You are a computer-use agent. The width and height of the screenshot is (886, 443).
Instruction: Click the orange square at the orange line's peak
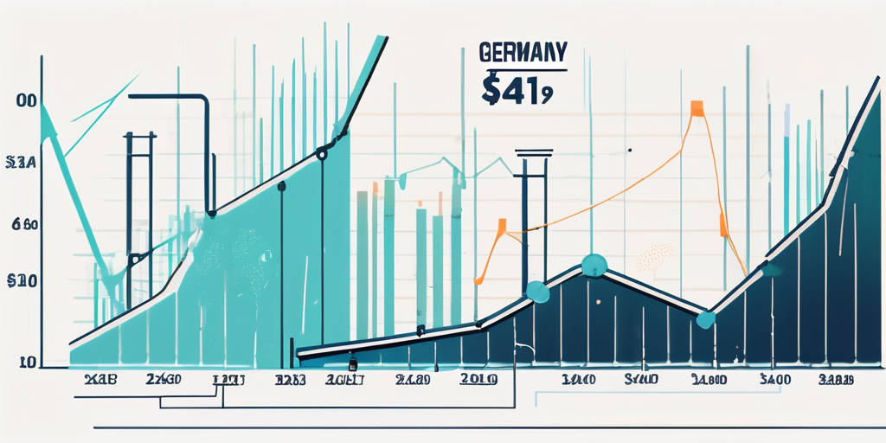(696, 108)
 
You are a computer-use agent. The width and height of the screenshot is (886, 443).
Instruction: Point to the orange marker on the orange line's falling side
(722, 227)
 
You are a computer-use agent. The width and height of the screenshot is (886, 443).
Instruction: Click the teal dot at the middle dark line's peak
(593, 265)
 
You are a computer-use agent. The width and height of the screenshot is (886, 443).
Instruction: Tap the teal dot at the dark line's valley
(706, 319)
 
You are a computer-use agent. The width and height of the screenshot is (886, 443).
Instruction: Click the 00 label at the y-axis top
(26, 101)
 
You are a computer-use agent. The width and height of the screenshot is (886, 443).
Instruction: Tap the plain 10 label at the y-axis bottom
(27, 362)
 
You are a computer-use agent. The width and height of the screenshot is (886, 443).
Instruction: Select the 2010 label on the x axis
(478, 379)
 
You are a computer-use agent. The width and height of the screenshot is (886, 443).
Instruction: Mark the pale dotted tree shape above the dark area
(654, 255)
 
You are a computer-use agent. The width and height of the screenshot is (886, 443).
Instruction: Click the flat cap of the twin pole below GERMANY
(533, 154)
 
